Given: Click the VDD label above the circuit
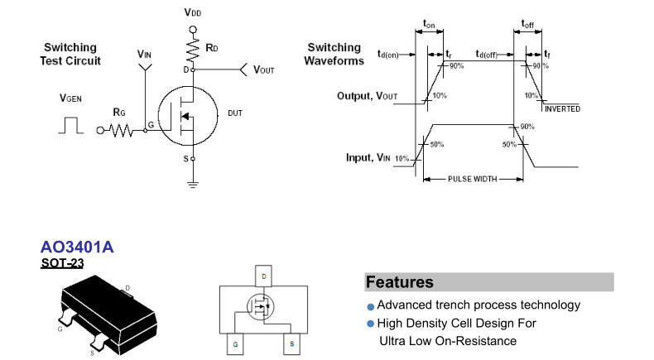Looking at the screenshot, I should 193,14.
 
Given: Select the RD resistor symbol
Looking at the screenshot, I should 193,51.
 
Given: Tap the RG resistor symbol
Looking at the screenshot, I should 118,129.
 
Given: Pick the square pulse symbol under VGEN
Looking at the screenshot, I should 69,125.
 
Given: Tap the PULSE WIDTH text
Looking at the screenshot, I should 474,179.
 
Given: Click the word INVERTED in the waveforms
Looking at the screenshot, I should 563,108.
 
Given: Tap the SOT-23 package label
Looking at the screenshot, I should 62,264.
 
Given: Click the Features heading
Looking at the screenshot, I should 400,282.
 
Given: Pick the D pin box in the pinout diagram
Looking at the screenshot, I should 263,276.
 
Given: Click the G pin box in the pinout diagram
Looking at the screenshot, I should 236,343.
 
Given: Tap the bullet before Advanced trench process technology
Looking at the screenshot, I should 371,306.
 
